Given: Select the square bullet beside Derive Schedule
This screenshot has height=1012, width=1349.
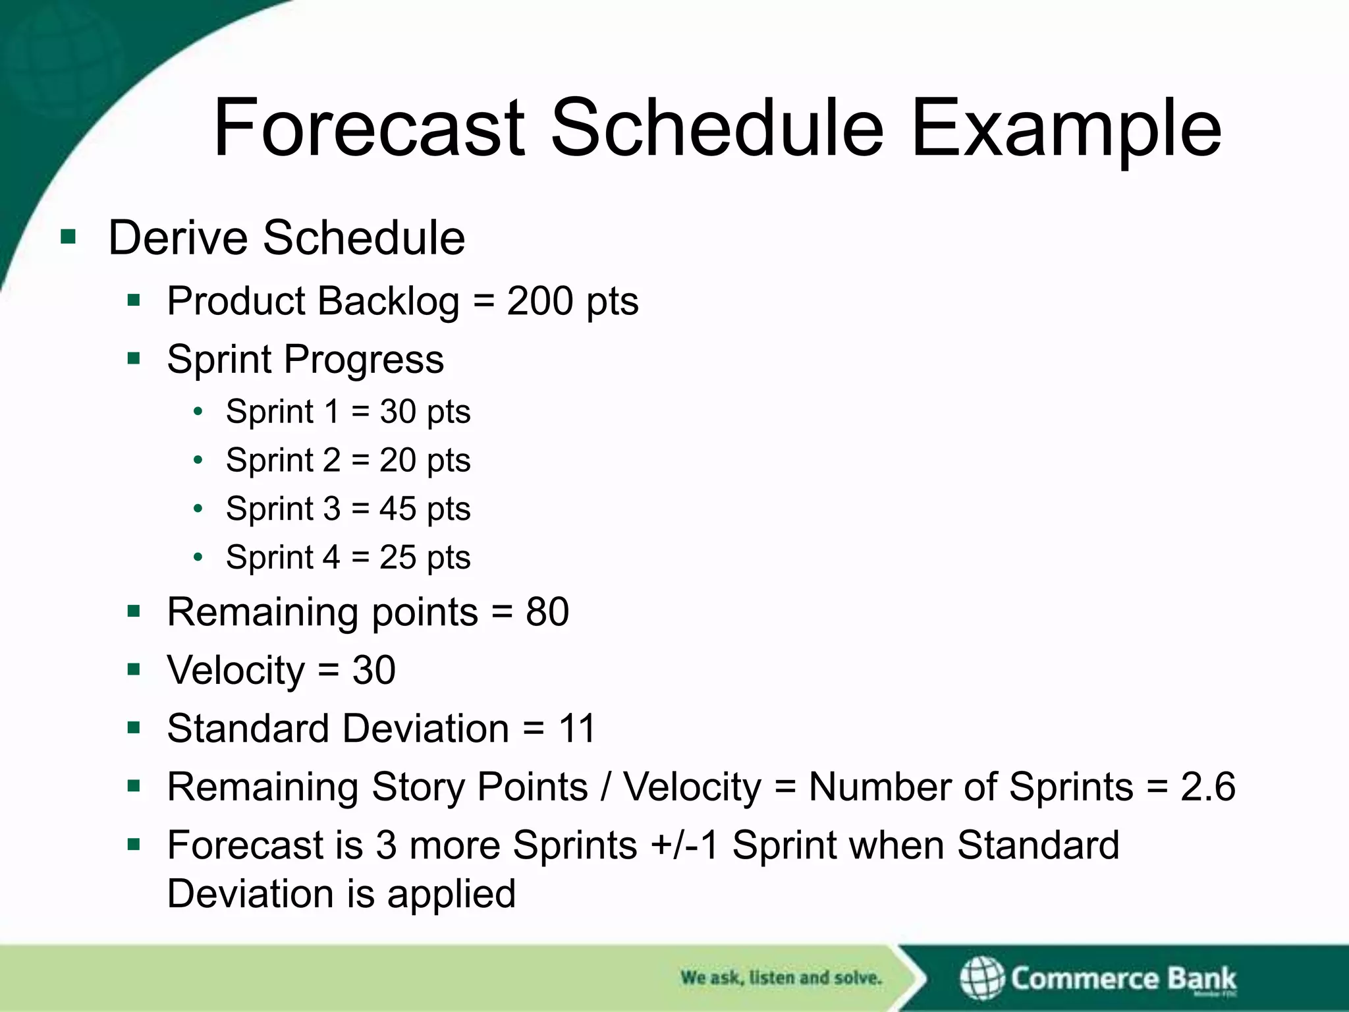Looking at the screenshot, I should point(68,237).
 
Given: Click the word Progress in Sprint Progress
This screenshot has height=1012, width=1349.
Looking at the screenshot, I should point(364,360).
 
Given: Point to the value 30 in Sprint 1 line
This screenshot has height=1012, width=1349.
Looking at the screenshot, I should point(398,412).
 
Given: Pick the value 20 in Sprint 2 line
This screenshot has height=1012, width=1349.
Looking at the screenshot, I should point(398,460).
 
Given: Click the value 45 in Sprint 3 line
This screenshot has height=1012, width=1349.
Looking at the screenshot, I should point(398,509).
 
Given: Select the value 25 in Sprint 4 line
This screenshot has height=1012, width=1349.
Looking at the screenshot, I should point(398,557).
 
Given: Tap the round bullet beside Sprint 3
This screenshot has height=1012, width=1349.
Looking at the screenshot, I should point(198,509).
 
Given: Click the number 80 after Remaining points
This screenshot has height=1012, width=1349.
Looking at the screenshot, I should point(547,612).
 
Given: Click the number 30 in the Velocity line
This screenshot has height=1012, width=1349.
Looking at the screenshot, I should point(373,670).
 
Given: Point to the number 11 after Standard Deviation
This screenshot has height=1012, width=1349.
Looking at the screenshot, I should point(577,729).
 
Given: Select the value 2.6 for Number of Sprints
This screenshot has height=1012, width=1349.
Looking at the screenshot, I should point(1207,787).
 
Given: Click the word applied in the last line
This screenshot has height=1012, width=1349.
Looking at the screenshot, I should point(451,894).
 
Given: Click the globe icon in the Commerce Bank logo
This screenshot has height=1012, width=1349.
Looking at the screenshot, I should point(981,978).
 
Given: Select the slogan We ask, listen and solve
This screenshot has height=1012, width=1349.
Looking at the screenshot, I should point(781,978).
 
